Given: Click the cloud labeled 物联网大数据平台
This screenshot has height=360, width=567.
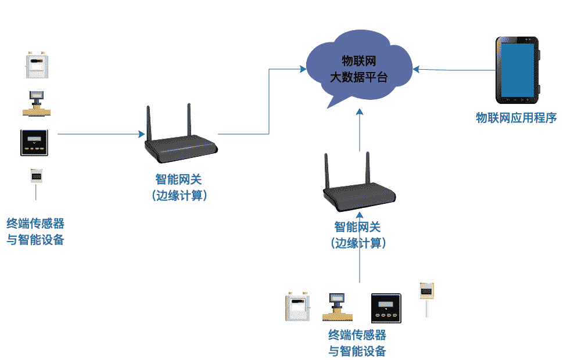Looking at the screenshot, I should pyautogui.click(x=358, y=70).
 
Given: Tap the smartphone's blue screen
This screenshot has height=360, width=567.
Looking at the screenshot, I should pyautogui.click(x=517, y=70).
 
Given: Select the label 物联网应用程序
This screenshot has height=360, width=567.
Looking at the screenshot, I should pyautogui.click(x=516, y=118).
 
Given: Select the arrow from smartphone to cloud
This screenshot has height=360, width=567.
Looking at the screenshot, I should pyautogui.click(x=453, y=70).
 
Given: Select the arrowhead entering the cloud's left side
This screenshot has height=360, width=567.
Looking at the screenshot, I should pyautogui.click(x=303, y=69).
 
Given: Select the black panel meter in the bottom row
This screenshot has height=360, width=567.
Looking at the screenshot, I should pyautogui.click(x=386, y=308).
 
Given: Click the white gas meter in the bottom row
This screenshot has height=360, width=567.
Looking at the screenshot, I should pyautogui.click(x=297, y=308).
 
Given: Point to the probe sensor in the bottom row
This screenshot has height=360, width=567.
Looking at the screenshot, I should pyautogui.click(x=427, y=294).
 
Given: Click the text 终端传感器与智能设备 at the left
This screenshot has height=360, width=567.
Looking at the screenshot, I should pyautogui.click(x=35, y=232).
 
